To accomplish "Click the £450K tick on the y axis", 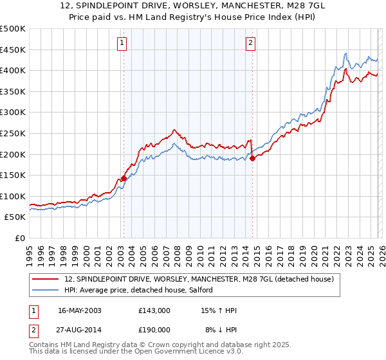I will click(13, 50).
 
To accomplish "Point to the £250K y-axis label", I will click(13, 133).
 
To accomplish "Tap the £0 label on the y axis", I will click(20, 238).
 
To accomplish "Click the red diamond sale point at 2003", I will click(124, 178).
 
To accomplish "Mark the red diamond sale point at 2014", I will click(252, 158).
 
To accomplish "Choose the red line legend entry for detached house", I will click(199, 280).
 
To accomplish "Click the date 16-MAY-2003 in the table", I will click(79, 310).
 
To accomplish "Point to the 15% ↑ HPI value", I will click(219, 310).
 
